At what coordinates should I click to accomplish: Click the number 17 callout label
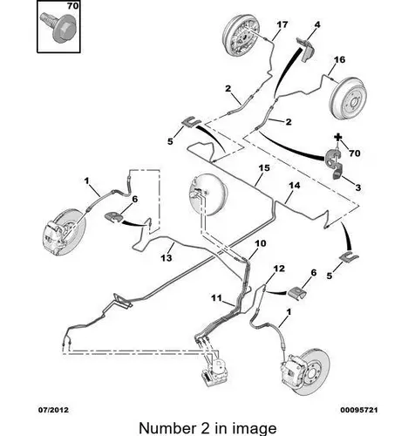tap(282, 24)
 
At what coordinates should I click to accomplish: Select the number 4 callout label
tap(317, 24)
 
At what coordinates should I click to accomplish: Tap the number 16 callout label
tap(339, 59)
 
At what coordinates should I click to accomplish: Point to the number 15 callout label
tap(264, 168)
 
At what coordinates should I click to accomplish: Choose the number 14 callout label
tap(295, 185)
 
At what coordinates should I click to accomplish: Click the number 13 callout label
tap(167, 257)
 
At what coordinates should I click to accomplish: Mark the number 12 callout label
tap(279, 269)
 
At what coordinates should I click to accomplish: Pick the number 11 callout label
tap(216, 298)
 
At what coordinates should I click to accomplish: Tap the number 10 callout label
tap(261, 243)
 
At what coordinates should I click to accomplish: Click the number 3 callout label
tap(357, 187)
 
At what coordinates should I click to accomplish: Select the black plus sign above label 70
tap(337, 137)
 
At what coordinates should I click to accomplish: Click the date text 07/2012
tap(54, 410)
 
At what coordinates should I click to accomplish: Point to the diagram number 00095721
tap(359, 410)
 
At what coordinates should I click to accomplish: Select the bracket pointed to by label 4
tap(306, 49)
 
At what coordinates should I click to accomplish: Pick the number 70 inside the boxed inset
tap(72, 6)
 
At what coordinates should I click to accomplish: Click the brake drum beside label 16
tap(348, 98)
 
